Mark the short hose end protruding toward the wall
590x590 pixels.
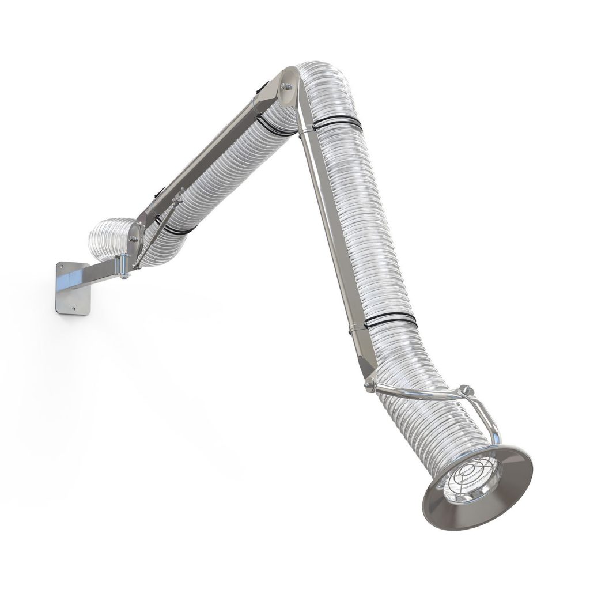coord(104,236)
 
